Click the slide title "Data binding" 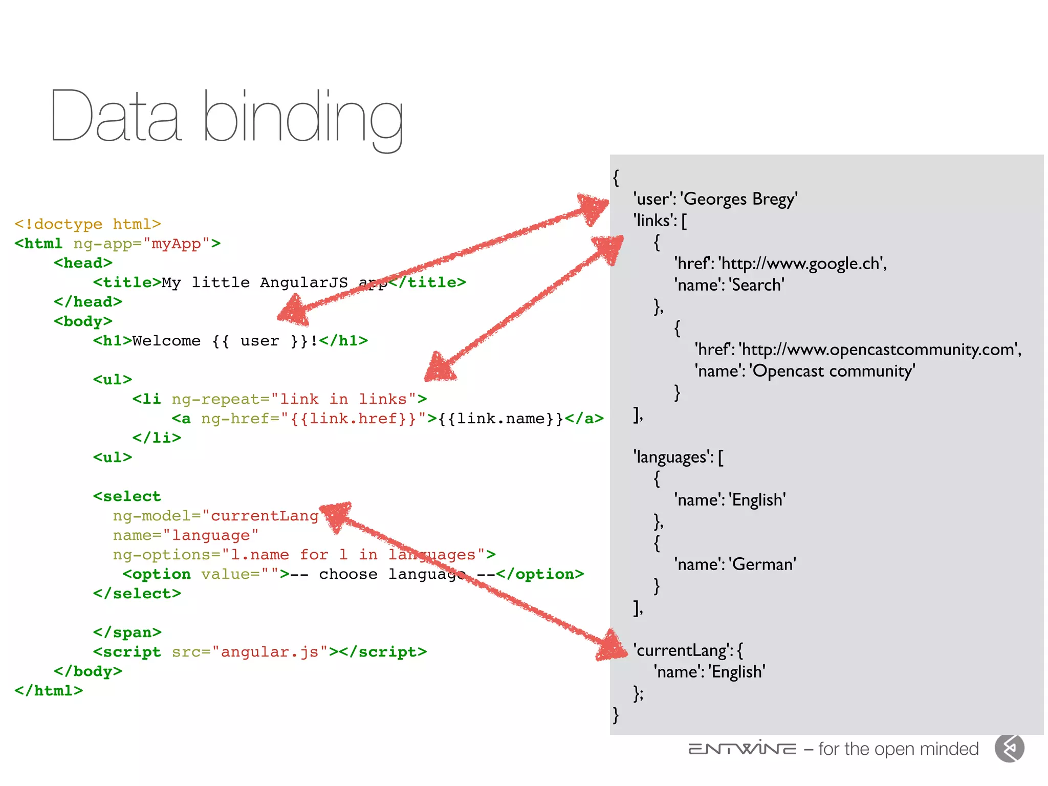click(x=227, y=117)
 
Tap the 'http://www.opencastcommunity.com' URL click(x=880, y=350)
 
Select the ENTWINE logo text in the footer click(x=742, y=749)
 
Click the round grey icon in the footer click(x=1009, y=749)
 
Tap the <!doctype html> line click(x=88, y=224)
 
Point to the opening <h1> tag click(x=112, y=341)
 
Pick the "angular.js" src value click(x=270, y=652)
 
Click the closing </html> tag click(x=49, y=691)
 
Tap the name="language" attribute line click(x=186, y=535)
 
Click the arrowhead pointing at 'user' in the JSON click(x=594, y=207)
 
